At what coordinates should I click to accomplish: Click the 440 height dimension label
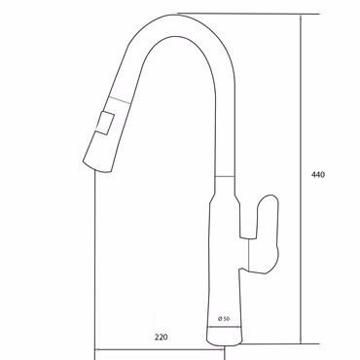pyautogui.click(x=318, y=175)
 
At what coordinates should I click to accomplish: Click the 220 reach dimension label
pyautogui.click(x=162, y=338)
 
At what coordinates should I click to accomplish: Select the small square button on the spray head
pyautogui.click(x=105, y=123)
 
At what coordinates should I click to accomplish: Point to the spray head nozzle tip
pyautogui.click(x=97, y=166)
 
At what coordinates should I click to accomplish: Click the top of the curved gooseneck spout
pyautogui.click(x=178, y=16)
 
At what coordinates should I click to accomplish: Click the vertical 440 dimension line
pyautogui.click(x=302, y=179)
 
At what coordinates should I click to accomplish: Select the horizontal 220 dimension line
pyautogui.click(x=160, y=349)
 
